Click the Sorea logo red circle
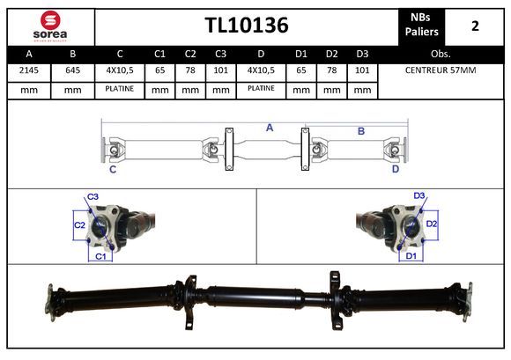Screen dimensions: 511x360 coord(50,20)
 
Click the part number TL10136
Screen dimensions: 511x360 coord(247,25)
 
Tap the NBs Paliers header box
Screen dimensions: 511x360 coord(421,27)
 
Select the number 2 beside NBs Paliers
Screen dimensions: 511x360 coord(475,26)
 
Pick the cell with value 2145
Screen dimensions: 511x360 coord(29,70)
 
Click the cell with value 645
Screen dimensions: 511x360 coord(72,70)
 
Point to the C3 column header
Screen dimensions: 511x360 coord(220,54)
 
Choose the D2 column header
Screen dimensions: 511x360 coord(332,54)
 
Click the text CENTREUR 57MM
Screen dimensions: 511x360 coord(441,70)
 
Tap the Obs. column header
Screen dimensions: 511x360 coord(441,54)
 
